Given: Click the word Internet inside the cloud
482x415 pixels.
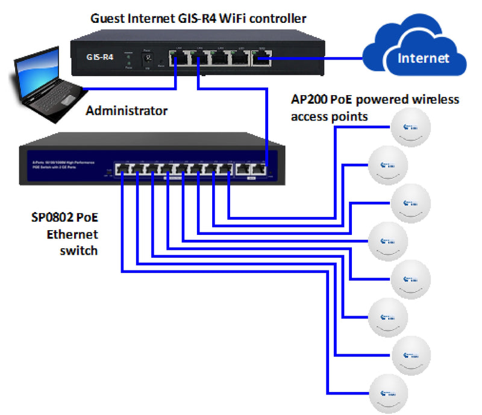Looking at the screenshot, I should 424,58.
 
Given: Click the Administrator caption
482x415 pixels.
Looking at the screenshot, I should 127,111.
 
